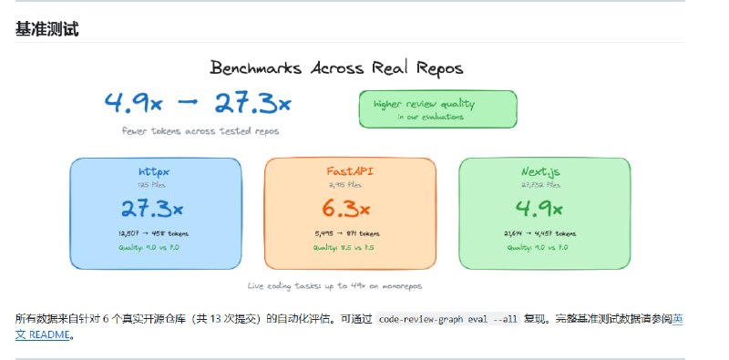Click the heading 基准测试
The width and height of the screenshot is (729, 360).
[x=46, y=29]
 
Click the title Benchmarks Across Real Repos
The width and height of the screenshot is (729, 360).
[x=336, y=67]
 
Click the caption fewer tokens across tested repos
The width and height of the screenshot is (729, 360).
[x=200, y=130]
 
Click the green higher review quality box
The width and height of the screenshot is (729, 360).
[x=437, y=109]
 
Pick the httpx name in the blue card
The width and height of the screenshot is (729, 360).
[x=156, y=171]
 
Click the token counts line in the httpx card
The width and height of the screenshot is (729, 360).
[x=156, y=233]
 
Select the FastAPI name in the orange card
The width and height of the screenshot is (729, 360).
[x=350, y=171]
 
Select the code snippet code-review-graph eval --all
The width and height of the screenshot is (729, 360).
[x=448, y=320]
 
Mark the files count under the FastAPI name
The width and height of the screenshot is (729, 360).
[x=350, y=185]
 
